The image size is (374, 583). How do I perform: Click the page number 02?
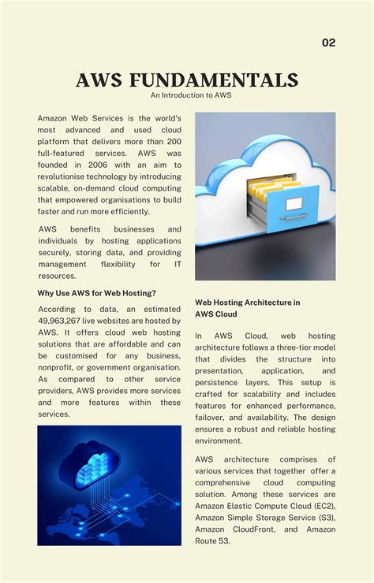[328, 43]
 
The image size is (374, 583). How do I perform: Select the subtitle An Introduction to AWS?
[186, 95]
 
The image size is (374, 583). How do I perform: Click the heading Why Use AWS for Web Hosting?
[97, 293]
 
